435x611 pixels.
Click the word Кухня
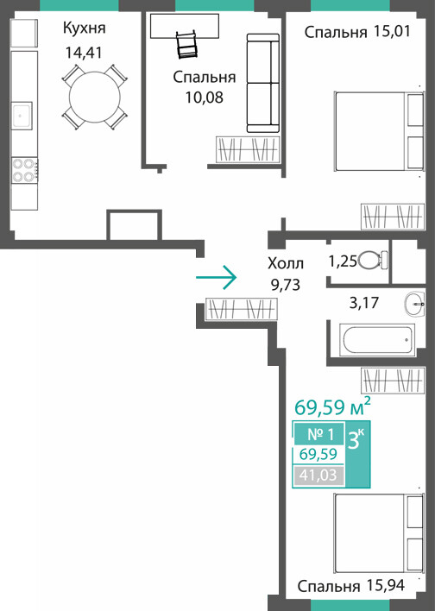click(x=85, y=28)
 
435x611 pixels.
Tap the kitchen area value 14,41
click(x=84, y=53)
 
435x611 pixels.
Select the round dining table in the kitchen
click(x=94, y=97)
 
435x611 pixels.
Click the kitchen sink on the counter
click(x=22, y=116)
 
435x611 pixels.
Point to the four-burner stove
click(x=24, y=169)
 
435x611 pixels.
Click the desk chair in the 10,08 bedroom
click(x=187, y=44)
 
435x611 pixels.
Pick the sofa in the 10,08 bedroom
click(x=263, y=83)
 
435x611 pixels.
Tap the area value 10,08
click(x=205, y=97)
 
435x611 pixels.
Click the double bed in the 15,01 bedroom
click(x=379, y=131)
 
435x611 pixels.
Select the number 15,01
click(x=392, y=31)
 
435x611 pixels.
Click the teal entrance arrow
click(x=217, y=277)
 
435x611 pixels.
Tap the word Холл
click(x=286, y=263)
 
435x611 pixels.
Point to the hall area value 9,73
click(x=286, y=285)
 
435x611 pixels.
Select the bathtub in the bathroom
click(x=377, y=339)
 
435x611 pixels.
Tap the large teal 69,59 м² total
click(x=332, y=406)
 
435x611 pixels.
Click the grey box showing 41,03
click(x=318, y=476)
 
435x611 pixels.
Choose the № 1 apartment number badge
click(x=318, y=434)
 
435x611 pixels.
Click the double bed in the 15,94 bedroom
click(x=379, y=533)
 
